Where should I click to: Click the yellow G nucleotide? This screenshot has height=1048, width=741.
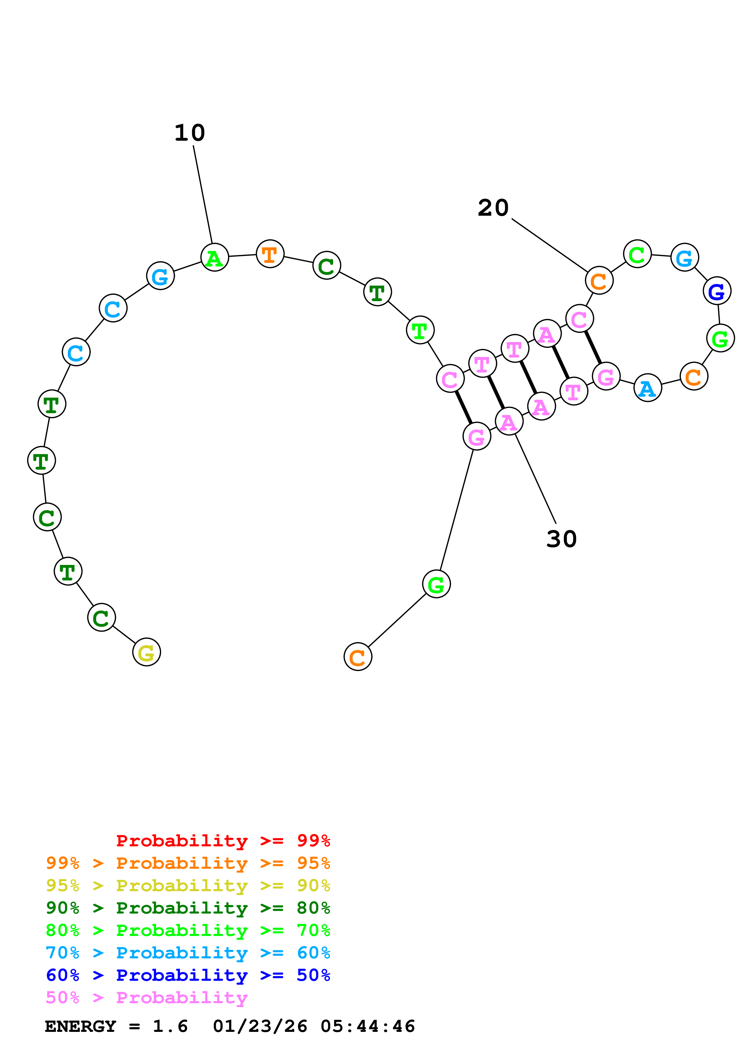(146, 652)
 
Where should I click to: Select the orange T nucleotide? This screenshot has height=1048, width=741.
(270, 254)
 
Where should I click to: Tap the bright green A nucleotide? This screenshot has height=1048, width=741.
(214, 258)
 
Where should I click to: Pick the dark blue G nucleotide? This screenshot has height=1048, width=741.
(716, 291)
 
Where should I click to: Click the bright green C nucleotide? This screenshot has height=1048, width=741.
(637, 254)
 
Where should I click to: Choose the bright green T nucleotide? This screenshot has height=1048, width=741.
(420, 330)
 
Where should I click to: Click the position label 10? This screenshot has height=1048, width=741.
(190, 133)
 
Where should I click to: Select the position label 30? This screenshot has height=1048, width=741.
(562, 539)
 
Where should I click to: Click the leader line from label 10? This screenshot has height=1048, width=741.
(203, 194)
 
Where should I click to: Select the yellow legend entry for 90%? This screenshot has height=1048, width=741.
(188, 885)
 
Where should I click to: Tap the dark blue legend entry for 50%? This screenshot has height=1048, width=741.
(188, 975)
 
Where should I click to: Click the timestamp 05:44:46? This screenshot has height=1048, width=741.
(368, 1026)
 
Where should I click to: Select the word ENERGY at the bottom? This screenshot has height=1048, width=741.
(80, 1026)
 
